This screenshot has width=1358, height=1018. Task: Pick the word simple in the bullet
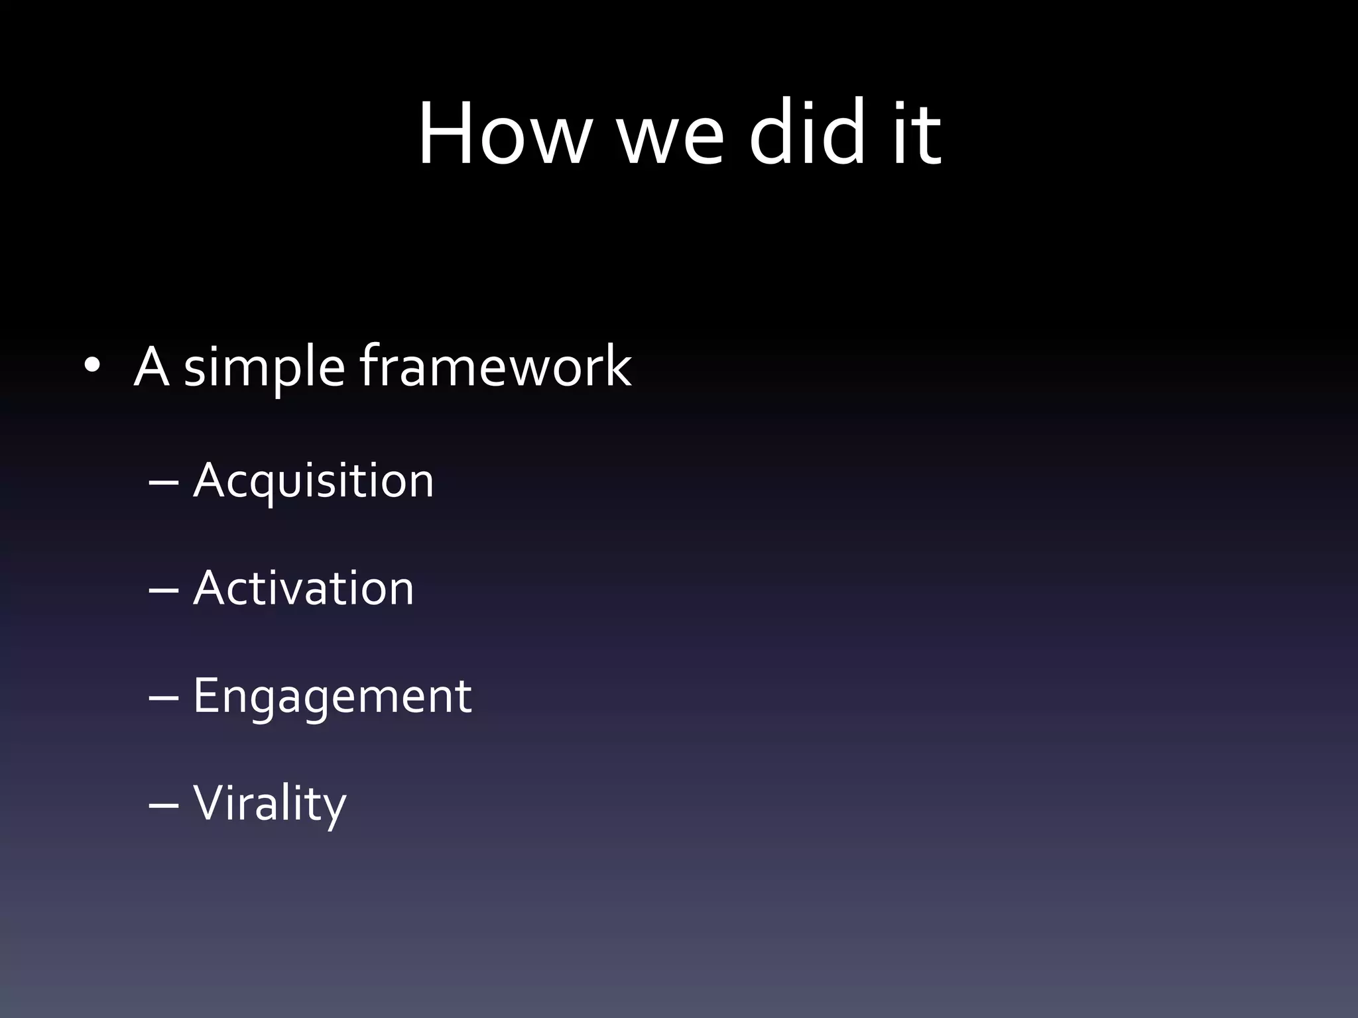(x=264, y=368)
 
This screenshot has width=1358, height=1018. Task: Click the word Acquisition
(x=313, y=481)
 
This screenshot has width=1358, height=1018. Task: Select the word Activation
(x=303, y=589)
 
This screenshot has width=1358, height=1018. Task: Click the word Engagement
(x=332, y=697)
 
